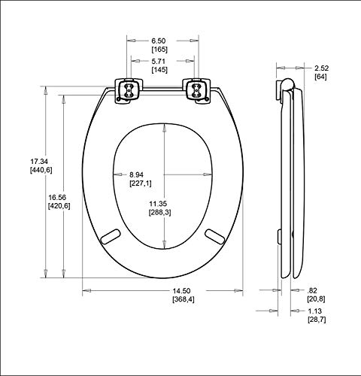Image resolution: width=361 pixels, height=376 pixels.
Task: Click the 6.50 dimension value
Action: [159, 41]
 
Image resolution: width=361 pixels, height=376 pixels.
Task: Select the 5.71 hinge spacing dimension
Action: [159, 61]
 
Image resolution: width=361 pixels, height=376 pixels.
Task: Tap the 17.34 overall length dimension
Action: [39, 161]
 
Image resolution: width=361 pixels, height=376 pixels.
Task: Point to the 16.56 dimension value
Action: [57, 197]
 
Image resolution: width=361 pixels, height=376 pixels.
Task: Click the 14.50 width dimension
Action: [181, 291]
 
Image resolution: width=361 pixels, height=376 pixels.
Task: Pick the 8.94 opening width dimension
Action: [136, 174]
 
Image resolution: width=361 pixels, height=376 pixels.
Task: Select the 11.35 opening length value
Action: [158, 204]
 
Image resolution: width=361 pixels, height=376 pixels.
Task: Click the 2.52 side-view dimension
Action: [322, 68]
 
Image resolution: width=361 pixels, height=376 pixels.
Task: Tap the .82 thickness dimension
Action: [312, 290]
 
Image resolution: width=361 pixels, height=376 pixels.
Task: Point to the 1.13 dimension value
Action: [315, 311]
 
